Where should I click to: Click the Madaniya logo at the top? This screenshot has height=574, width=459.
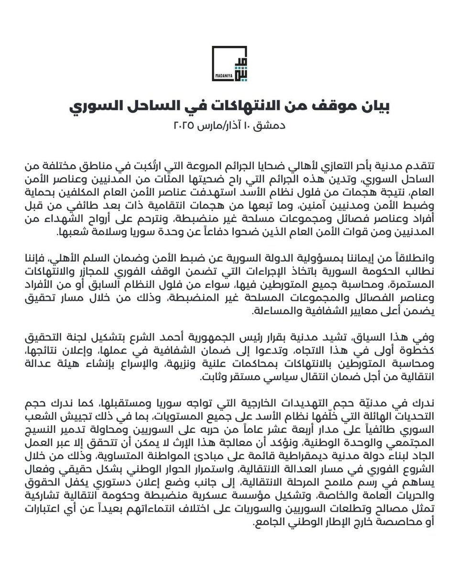point(229,64)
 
